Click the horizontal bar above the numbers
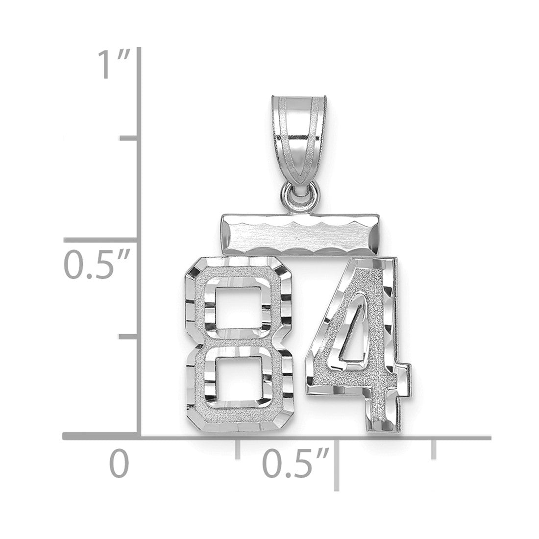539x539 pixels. [300, 235]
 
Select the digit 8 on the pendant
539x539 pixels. [239, 344]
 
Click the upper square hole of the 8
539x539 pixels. [238, 307]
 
